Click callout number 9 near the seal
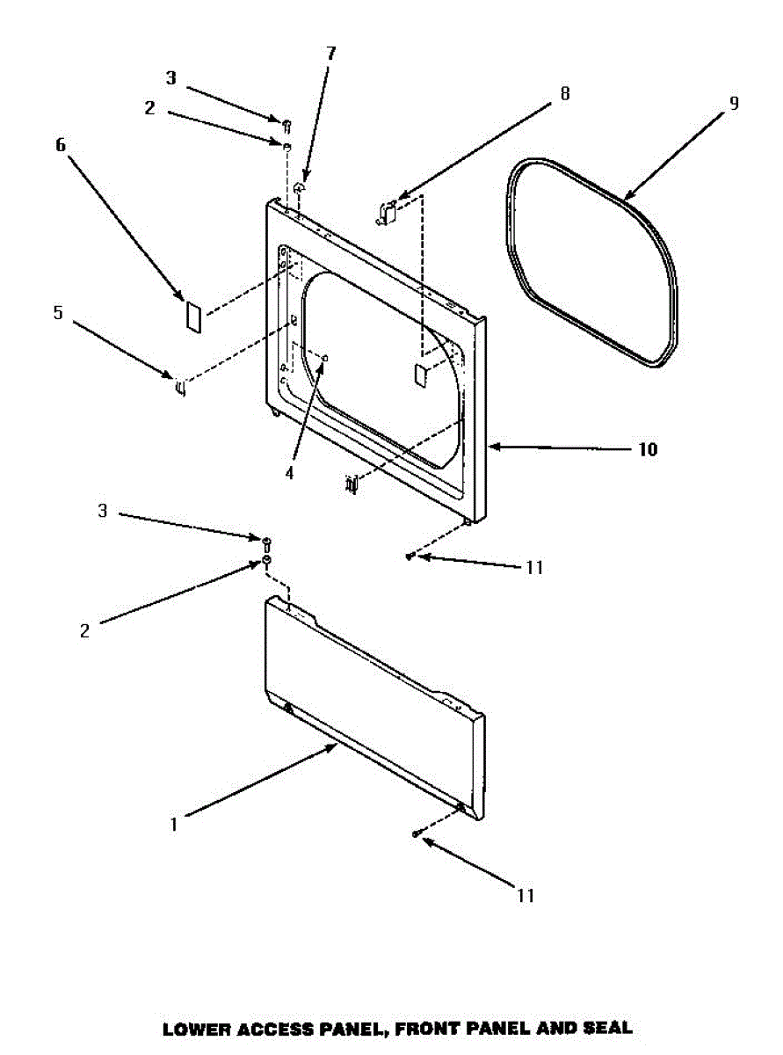(733, 103)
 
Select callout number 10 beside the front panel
(647, 449)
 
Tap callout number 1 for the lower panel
(174, 825)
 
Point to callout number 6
(61, 145)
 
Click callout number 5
(58, 312)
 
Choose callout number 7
(330, 53)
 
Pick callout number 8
(564, 92)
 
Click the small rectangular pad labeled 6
(193, 316)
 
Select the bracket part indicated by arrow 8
(387, 211)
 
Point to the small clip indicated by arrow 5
(179, 385)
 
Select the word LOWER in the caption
(193, 1027)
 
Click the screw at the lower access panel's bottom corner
(415, 833)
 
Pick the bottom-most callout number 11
(525, 896)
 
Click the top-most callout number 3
(171, 78)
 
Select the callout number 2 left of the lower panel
(84, 630)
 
